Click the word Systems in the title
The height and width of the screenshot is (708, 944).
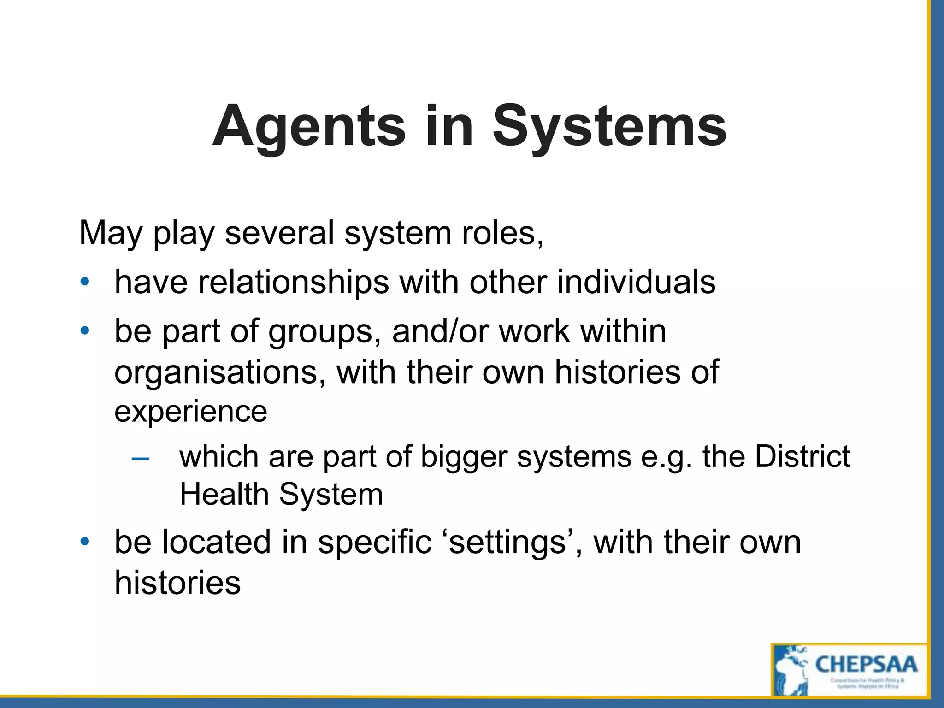[x=609, y=127]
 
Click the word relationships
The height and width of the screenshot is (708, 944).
[x=294, y=282]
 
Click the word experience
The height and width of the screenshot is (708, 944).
[x=190, y=412]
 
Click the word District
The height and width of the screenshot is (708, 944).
[x=802, y=456]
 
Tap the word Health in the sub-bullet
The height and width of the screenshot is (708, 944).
[x=224, y=494]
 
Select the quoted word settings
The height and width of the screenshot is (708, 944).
[x=507, y=543]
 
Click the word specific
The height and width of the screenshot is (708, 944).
[x=374, y=543]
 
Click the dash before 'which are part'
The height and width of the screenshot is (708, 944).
[x=140, y=458]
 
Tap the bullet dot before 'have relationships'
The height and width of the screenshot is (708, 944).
[x=84, y=282]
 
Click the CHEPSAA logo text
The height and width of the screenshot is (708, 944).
[x=866, y=664]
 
